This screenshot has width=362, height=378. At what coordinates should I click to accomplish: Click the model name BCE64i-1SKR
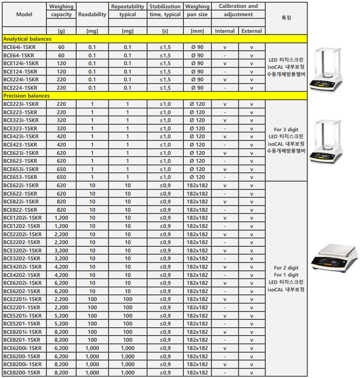(21, 47)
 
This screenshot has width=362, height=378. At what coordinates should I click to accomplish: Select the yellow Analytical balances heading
(27, 39)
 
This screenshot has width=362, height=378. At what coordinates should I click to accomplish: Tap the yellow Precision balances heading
(26, 96)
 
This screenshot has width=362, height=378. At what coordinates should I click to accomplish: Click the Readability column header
(92, 14)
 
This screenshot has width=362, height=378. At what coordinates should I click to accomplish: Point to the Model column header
(24, 14)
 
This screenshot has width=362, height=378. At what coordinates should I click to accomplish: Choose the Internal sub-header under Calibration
(225, 31)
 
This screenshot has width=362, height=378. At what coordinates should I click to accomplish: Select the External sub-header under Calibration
(252, 31)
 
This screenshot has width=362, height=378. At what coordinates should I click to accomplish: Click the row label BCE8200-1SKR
(22, 372)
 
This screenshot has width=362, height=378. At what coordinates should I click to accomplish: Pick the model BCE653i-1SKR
(22, 169)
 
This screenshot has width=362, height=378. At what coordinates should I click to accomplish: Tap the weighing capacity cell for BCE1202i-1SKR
(61, 218)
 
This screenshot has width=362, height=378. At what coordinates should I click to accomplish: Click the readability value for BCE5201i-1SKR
(92, 315)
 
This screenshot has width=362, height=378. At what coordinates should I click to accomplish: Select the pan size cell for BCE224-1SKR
(197, 88)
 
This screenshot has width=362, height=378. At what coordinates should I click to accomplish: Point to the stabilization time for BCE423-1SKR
(165, 145)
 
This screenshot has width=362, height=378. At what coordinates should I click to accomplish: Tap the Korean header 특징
(286, 18)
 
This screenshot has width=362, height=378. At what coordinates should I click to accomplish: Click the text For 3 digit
(286, 129)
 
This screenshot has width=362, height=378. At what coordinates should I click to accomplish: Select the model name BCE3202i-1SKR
(22, 251)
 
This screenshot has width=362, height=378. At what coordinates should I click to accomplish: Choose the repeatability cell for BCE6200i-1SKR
(127, 348)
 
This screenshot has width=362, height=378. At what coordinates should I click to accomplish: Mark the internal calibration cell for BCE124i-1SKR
(225, 63)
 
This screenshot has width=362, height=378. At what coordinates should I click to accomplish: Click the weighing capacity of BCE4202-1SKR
(61, 275)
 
